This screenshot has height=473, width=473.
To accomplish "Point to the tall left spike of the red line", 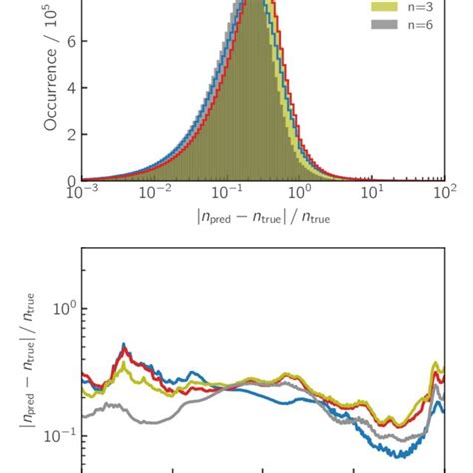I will click(x=124, y=346).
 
